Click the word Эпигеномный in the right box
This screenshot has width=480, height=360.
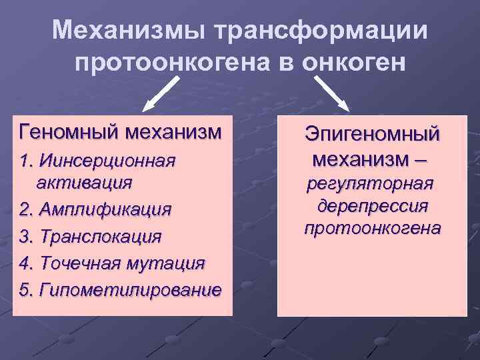click(x=372, y=134)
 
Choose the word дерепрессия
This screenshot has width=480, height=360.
click(x=373, y=205)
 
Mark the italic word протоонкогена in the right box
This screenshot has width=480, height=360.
click(x=372, y=228)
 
